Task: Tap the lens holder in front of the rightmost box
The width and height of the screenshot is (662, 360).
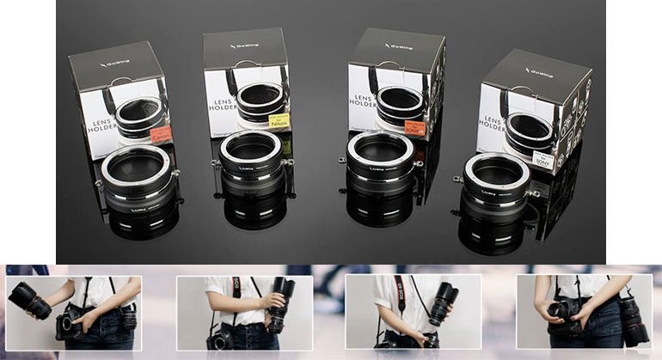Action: tap(496, 189)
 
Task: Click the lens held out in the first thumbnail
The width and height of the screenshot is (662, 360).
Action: tap(29, 300)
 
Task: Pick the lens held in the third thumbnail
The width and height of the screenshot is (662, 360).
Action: tap(441, 303)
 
